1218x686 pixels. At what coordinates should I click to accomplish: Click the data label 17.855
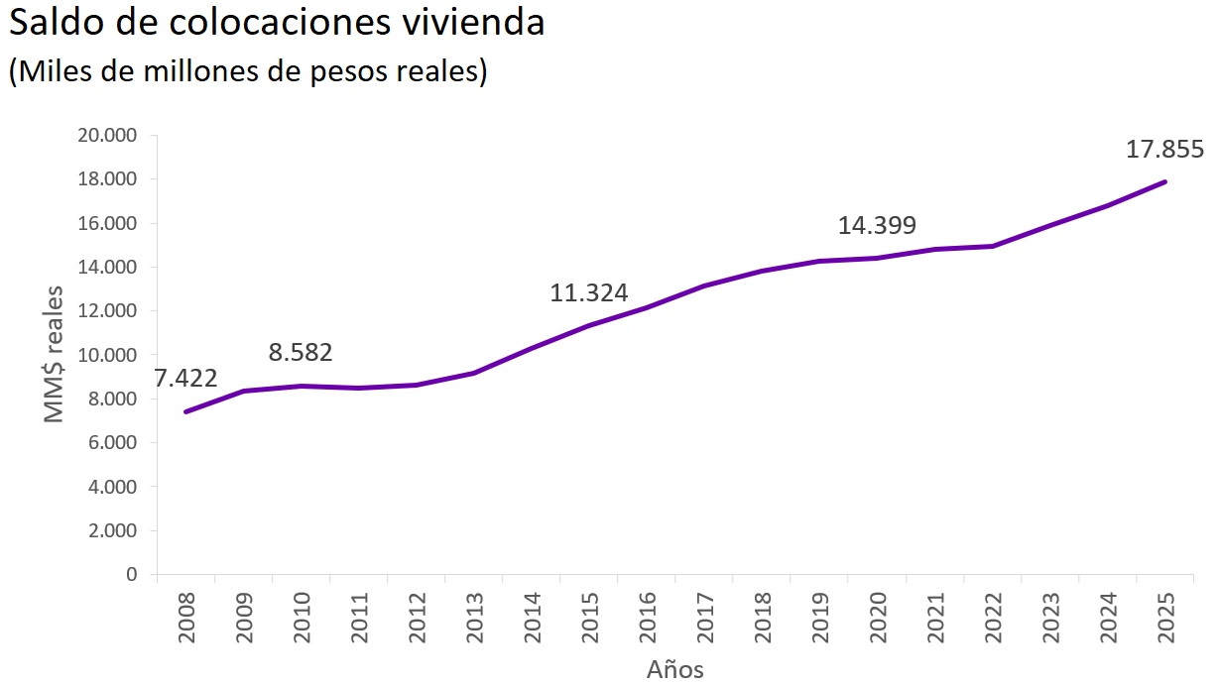coord(1164,150)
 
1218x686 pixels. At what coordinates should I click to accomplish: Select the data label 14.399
coord(877,225)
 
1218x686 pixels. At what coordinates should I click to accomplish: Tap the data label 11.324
coord(589,293)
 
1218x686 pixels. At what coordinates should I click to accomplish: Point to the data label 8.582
coord(301,353)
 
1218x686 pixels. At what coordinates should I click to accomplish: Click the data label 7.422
coord(185,379)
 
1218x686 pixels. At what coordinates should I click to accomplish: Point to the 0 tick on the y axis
coord(131,574)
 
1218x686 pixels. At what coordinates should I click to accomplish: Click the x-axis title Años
coord(675,669)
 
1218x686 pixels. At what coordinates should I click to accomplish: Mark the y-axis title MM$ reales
coord(55,355)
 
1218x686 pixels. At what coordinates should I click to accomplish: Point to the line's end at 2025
coord(1164,181)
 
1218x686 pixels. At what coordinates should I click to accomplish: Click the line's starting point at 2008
coord(186,411)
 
